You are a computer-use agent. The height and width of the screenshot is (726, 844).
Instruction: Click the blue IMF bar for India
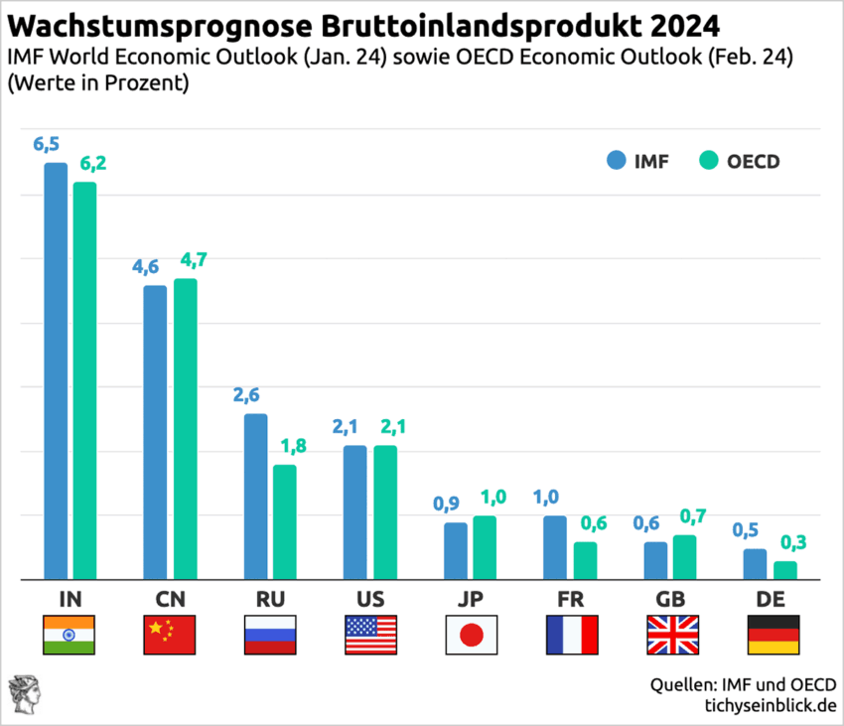[x=56, y=369]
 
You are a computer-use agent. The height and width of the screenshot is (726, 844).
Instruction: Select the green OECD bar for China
[x=186, y=428]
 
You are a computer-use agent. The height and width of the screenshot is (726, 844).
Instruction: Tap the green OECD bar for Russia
[x=285, y=521]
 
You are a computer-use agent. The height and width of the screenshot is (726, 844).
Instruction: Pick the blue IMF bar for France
[x=555, y=547]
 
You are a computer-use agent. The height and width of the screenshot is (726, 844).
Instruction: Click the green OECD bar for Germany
[x=785, y=570]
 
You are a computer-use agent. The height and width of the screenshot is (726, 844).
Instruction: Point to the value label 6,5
[x=47, y=144]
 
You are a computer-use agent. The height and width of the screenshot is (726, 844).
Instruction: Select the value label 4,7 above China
[x=193, y=260]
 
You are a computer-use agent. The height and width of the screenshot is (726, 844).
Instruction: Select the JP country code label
[x=471, y=598]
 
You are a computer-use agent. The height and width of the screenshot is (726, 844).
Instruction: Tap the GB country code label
[x=671, y=598]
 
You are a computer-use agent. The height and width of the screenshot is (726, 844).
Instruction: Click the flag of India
[x=70, y=635]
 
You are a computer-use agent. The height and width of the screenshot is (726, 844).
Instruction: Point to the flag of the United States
[x=370, y=635]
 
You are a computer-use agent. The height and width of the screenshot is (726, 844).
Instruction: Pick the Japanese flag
[x=472, y=635]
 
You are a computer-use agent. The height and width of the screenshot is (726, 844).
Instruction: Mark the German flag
[x=773, y=635]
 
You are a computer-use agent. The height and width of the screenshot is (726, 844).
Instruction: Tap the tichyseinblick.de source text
[x=767, y=705]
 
